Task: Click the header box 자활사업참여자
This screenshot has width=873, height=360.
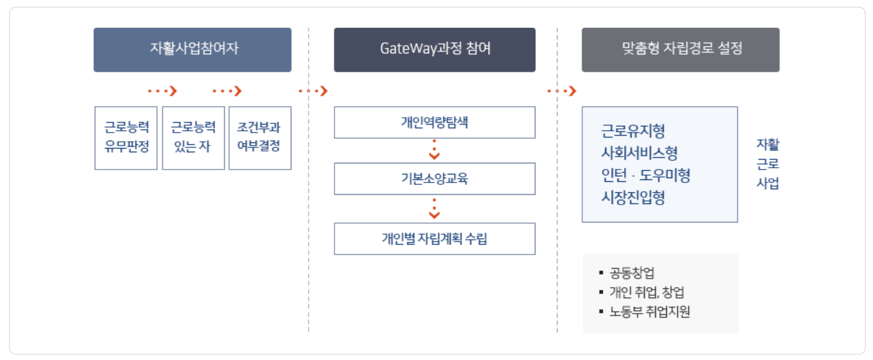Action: click(192, 49)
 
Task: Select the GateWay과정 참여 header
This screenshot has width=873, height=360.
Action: click(434, 49)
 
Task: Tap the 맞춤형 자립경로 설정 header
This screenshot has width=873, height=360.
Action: click(680, 49)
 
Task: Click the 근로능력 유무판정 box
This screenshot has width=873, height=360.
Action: click(126, 138)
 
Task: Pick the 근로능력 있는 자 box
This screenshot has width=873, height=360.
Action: click(193, 138)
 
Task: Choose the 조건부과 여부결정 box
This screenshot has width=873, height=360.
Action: click(259, 138)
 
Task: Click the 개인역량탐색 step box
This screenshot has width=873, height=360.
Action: click(434, 122)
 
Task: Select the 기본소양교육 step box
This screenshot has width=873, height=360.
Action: click(434, 179)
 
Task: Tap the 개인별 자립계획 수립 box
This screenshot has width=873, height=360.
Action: click(434, 239)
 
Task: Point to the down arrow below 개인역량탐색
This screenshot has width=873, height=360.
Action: click(435, 150)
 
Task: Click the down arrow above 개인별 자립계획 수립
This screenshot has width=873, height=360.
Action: click(435, 208)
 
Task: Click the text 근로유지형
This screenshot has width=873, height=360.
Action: click(633, 131)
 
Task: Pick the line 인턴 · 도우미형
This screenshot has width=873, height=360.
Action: click(646, 176)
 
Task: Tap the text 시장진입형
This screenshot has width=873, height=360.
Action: click(633, 198)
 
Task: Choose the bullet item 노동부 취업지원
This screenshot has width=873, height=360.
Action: click(649, 312)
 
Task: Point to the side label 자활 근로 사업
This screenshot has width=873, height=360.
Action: click(768, 164)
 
